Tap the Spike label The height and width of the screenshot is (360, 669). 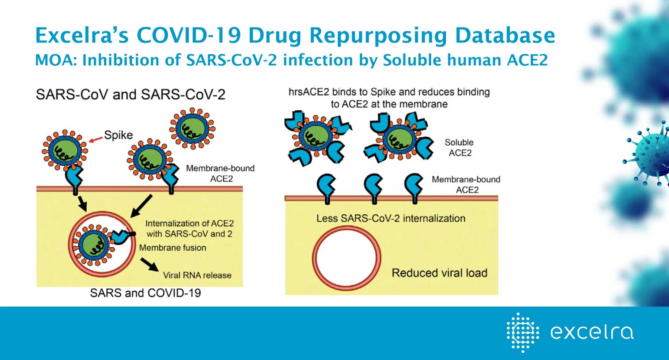[x=118, y=135]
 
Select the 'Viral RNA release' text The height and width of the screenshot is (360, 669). [x=197, y=275]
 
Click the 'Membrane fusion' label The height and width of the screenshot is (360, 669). [x=173, y=247]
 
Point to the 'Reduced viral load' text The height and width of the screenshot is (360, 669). [x=439, y=273]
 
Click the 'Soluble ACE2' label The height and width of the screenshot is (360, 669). [x=459, y=147]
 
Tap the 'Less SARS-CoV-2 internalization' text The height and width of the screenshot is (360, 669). [x=391, y=218]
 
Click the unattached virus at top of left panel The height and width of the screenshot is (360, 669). [x=192, y=129]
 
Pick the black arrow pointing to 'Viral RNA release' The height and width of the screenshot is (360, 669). [x=149, y=265]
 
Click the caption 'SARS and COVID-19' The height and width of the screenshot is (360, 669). [x=146, y=293]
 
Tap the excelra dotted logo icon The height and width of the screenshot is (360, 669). [x=522, y=332]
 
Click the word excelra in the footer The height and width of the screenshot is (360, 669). [x=592, y=332]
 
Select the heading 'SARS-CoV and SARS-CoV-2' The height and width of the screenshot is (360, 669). [x=130, y=94]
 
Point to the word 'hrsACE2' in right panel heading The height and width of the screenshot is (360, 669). [x=308, y=92]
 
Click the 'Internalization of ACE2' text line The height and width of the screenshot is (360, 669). [x=190, y=223]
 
